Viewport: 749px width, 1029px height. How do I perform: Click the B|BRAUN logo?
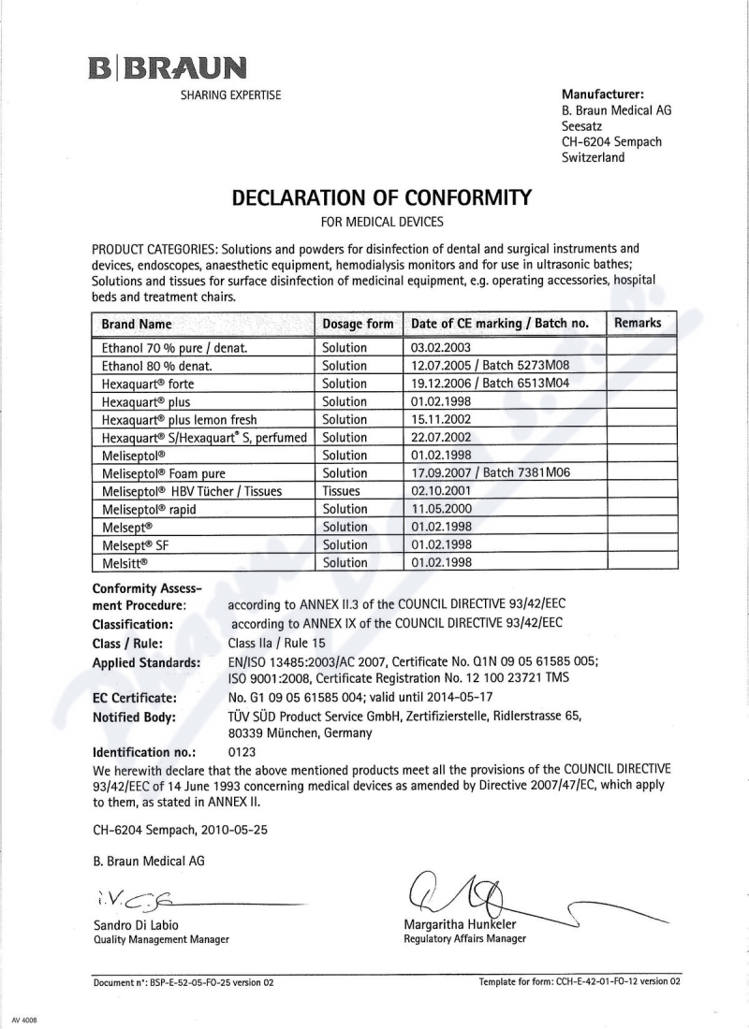tap(168, 68)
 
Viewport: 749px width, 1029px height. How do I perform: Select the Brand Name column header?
tap(137, 324)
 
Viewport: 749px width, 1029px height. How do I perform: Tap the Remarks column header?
tap(638, 323)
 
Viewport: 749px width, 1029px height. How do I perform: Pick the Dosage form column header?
tap(358, 324)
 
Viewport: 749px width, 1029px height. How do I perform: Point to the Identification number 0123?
tap(242, 751)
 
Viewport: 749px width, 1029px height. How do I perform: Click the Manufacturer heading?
tap(602, 94)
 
